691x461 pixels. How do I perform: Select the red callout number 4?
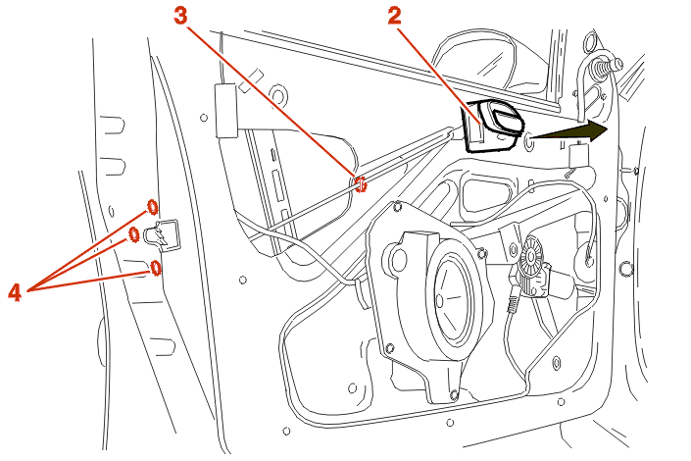click(x=16, y=290)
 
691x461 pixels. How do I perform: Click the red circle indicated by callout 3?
click(x=361, y=182)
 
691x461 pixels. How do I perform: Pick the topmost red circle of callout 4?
click(x=152, y=207)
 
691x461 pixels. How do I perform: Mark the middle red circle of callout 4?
click(x=135, y=233)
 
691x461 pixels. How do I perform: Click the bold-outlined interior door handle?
click(x=496, y=126)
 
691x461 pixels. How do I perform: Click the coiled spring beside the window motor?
click(x=511, y=307)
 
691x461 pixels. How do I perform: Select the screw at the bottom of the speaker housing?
click(x=453, y=395)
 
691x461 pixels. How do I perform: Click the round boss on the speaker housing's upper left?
click(x=398, y=260)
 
